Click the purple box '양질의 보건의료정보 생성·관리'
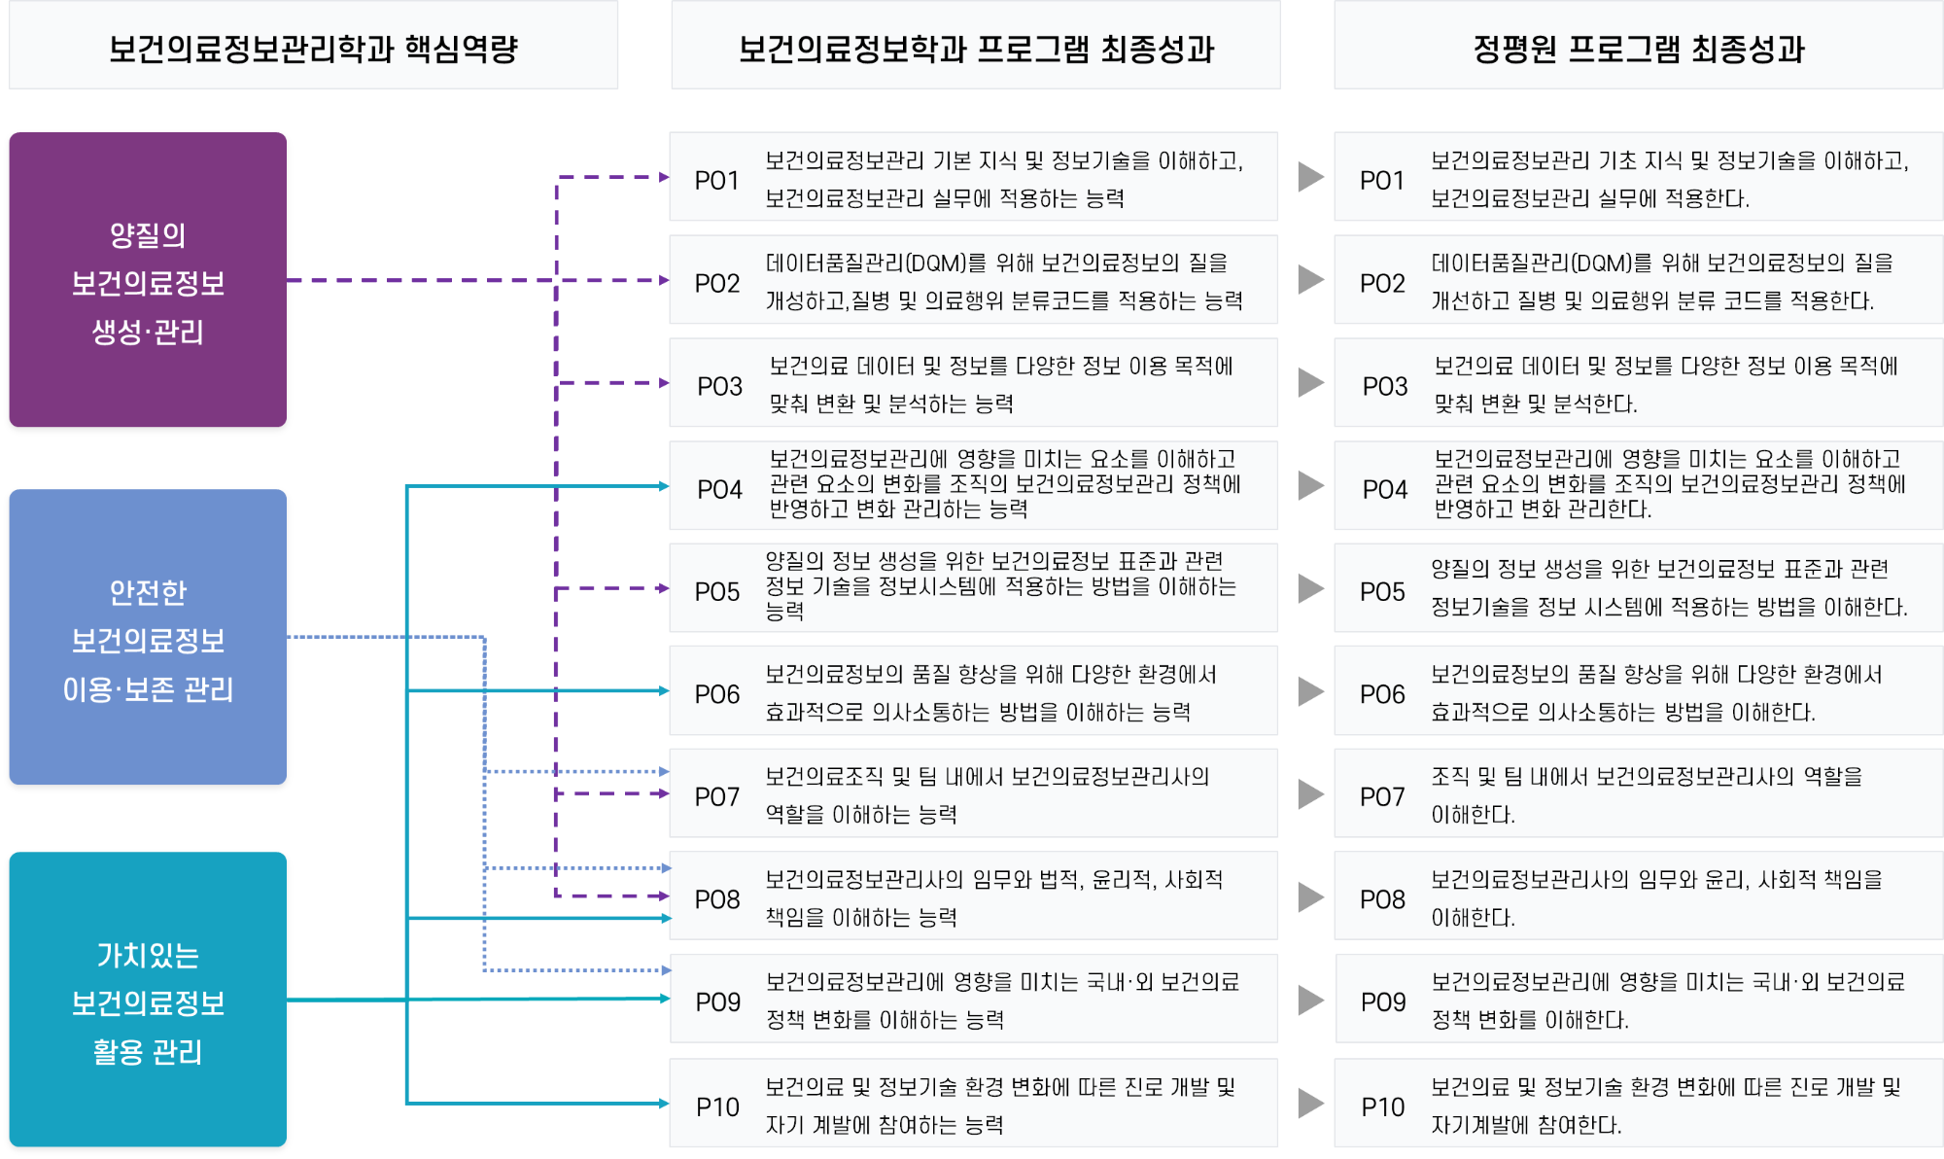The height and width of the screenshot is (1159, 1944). pyautogui.click(x=148, y=280)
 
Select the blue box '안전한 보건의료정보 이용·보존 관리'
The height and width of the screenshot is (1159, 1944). pyautogui.click(x=148, y=637)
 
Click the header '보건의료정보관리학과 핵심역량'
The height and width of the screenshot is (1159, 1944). pyautogui.click(x=313, y=48)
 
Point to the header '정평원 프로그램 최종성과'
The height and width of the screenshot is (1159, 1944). pyautogui.click(x=1639, y=48)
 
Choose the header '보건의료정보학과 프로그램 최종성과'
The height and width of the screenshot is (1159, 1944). pyautogui.click(x=976, y=48)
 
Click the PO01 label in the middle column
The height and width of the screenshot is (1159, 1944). pyautogui.click(x=716, y=181)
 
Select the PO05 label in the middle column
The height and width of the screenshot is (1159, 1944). pyautogui.click(x=716, y=592)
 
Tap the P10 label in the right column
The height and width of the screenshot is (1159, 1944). pyautogui.click(x=1382, y=1106)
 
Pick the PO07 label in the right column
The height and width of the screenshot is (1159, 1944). pyautogui.click(x=1382, y=797)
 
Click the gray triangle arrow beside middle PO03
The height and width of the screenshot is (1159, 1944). pyautogui.click(x=1310, y=382)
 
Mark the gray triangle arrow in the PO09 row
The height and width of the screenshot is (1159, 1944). pyautogui.click(x=1310, y=1000)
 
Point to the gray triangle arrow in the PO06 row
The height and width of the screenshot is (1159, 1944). pyautogui.click(x=1310, y=691)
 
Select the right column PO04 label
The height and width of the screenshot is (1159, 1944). pyautogui.click(x=1384, y=489)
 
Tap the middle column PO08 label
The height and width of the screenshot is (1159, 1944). pyautogui.click(x=716, y=900)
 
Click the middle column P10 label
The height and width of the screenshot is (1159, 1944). pyautogui.click(x=717, y=1106)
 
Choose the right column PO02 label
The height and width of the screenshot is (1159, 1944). pyautogui.click(x=1382, y=284)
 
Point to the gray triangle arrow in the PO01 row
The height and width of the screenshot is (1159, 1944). pyautogui.click(x=1310, y=177)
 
